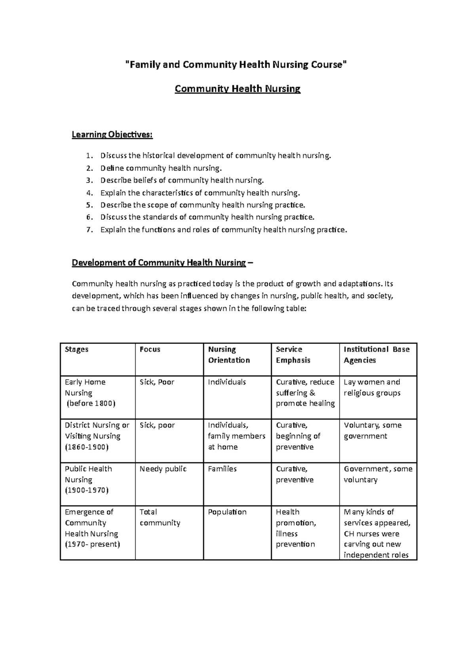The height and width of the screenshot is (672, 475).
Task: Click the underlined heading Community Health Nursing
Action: point(237,89)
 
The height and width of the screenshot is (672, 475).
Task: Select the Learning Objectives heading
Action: point(112,135)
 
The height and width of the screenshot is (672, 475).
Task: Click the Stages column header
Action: point(77,349)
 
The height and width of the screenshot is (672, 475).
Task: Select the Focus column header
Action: point(150,349)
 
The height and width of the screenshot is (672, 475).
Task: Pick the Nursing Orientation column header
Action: point(229,355)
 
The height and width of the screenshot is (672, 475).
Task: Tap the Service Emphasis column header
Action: point(293,355)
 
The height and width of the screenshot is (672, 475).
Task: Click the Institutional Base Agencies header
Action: point(376,355)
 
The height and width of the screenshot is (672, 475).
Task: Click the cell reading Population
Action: point(227,512)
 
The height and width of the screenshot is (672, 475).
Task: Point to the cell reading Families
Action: point(222,469)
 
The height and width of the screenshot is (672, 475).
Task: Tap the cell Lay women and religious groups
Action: point(372,387)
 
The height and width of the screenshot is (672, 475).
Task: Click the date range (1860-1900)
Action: point(87,447)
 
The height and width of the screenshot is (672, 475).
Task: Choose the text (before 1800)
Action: point(91,404)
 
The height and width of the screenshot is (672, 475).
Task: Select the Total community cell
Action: point(160,517)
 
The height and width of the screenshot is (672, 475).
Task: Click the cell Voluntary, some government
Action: point(372,431)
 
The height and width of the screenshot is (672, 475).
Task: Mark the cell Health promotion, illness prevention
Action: point(296,528)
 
